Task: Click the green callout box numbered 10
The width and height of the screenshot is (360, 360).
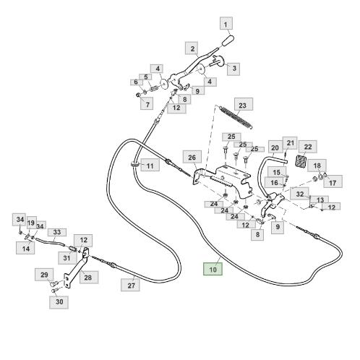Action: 213,269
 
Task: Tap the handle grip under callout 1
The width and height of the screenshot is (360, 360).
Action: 228,41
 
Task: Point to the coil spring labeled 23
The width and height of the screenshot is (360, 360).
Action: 236,117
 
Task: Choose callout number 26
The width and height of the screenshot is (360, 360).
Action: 192,158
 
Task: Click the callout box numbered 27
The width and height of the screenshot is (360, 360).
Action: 130,285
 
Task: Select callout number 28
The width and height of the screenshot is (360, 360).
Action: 88,277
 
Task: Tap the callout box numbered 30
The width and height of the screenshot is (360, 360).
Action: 59,302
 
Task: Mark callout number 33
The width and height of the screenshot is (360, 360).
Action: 57,232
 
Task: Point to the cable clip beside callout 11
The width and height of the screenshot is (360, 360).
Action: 134,164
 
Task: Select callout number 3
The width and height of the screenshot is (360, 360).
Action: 233,69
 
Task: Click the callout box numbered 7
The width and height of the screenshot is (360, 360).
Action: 147,103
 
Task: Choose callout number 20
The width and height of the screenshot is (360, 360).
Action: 275,147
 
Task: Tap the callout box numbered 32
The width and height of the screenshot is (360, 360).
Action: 299,194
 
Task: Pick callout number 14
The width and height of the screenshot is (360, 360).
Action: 25,248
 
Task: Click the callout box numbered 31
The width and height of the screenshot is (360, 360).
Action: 67,258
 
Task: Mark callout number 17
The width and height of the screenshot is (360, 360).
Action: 333,182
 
